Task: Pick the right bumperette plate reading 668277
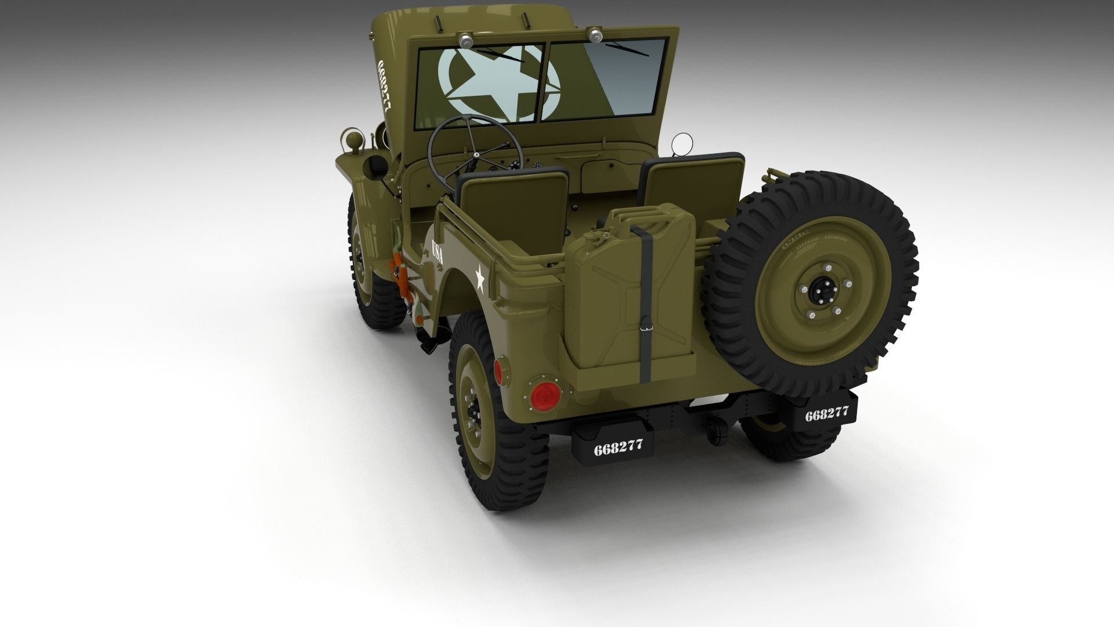[x=827, y=414]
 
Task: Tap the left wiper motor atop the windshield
[x=465, y=39]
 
